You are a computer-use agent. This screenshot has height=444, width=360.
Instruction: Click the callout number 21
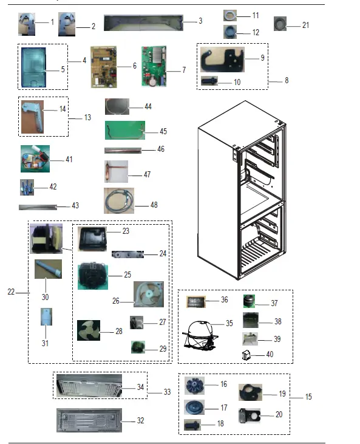point(305,25)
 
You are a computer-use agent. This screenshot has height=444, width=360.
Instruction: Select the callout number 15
point(308,397)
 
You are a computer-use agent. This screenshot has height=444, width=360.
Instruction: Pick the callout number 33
point(167,392)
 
